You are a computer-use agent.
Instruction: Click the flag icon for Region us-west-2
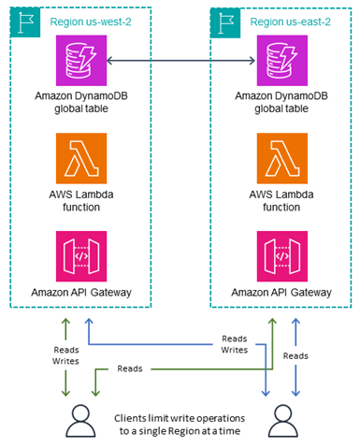click(x=21, y=22)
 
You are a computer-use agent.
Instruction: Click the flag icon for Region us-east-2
click(x=225, y=22)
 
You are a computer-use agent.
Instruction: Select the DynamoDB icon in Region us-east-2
click(x=281, y=62)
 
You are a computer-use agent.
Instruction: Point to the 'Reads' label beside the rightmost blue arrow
click(x=322, y=355)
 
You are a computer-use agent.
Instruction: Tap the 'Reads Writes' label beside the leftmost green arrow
click(x=39, y=354)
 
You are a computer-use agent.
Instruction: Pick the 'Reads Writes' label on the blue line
click(x=235, y=343)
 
